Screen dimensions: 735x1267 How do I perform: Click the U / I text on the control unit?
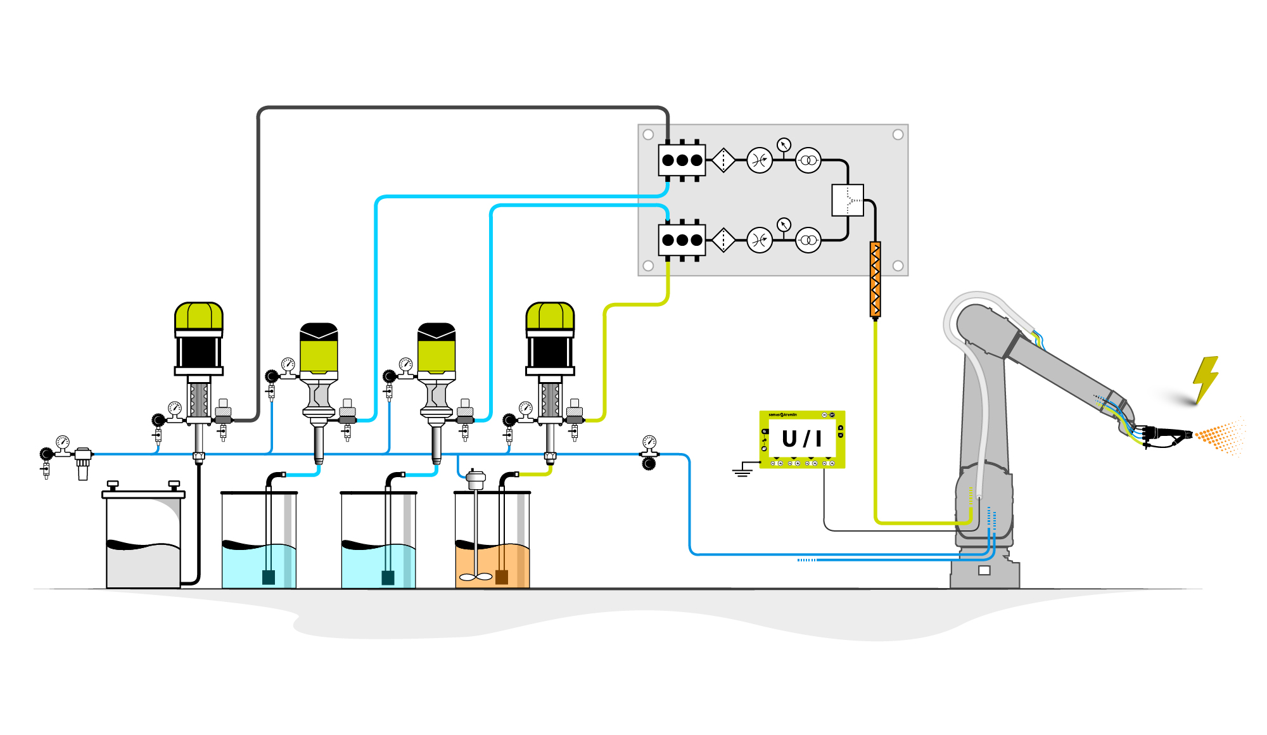point(802,438)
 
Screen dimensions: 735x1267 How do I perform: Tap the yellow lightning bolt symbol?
point(1205,379)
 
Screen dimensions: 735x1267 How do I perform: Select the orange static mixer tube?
point(875,279)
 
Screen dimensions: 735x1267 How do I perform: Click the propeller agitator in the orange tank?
point(475,577)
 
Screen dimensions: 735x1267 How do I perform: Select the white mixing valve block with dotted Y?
point(848,200)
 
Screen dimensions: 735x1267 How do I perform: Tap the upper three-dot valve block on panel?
point(682,160)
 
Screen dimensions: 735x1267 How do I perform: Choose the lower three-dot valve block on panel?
point(682,240)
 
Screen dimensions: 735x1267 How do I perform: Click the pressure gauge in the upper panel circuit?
point(784,145)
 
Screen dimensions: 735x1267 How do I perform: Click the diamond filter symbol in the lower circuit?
point(723,240)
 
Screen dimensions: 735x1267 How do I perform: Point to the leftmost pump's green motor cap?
point(199,316)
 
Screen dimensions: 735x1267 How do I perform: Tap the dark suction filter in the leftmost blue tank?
point(268,577)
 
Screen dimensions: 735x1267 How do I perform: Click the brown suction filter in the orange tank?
point(502,577)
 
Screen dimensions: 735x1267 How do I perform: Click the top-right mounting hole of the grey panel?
point(898,134)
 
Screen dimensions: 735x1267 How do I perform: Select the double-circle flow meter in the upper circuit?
point(808,160)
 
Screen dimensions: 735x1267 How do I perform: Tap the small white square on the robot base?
point(984,570)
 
